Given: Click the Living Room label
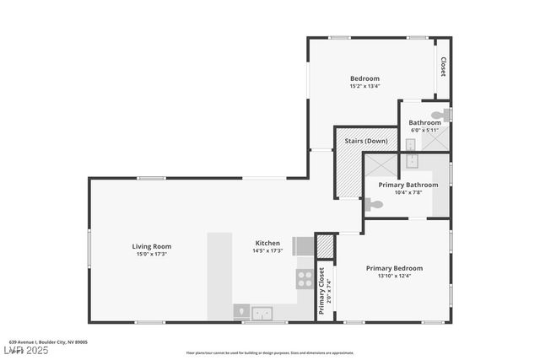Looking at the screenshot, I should click(x=151, y=246).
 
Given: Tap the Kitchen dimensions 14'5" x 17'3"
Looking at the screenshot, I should click(x=267, y=253).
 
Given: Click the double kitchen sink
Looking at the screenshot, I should click(x=263, y=313).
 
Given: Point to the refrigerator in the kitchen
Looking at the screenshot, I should click(x=303, y=245).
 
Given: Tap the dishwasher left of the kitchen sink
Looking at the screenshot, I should click(x=241, y=313).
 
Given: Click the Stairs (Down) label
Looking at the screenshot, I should click(x=365, y=141).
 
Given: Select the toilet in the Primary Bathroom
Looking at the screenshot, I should click(x=375, y=204).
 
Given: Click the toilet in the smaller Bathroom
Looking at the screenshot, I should click(x=440, y=116).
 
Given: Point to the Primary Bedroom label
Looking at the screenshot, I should click(x=394, y=268).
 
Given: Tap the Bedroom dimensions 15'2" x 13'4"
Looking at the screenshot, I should click(x=364, y=86).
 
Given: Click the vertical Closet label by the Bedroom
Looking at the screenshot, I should click(x=442, y=67).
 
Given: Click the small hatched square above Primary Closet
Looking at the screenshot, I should click(x=325, y=245).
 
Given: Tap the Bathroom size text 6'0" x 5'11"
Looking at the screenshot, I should click(x=424, y=130).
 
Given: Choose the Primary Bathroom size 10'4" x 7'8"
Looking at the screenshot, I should click(x=408, y=192).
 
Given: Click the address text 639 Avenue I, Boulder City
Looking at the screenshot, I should click(x=48, y=342).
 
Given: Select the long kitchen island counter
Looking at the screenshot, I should click(x=219, y=276).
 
